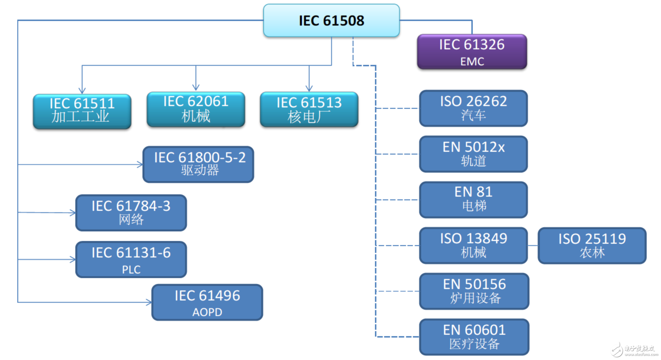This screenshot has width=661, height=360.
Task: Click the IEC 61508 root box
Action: click(x=331, y=21)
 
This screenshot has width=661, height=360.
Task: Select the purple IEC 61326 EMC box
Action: click(x=472, y=52)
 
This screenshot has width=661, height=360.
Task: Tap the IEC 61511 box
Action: click(x=82, y=111)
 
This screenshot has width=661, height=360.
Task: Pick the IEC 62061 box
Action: click(x=196, y=109)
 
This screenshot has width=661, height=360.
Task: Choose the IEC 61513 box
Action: click(x=309, y=109)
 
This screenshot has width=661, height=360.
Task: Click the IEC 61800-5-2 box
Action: click(x=198, y=164)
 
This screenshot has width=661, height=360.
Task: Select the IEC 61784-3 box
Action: click(x=131, y=213)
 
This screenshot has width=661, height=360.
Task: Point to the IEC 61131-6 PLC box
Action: click(x=131, y=259)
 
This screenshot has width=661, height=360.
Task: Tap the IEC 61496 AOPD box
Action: click(x=207, y=302)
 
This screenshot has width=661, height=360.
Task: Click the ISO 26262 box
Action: click(x=473, y=108)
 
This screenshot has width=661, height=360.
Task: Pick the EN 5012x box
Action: click(x=473, y=154)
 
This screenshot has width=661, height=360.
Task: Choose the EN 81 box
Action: click(x=473, y=200)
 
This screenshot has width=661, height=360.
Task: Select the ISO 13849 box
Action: click(x=473, y=246)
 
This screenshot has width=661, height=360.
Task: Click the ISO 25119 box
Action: click(x=592, y=246)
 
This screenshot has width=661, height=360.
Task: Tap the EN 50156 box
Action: click(x=474, y=291)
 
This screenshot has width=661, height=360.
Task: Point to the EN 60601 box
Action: click(x=474, y=337)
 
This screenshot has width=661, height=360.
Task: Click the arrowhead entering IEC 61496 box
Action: click(x=149, y=302)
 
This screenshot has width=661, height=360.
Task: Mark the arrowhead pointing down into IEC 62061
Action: click(x=196, y=88)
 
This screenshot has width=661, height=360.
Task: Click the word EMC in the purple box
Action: click(x=472, y=61)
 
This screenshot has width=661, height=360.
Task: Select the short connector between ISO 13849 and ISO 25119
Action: click(x=533, y=246)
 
